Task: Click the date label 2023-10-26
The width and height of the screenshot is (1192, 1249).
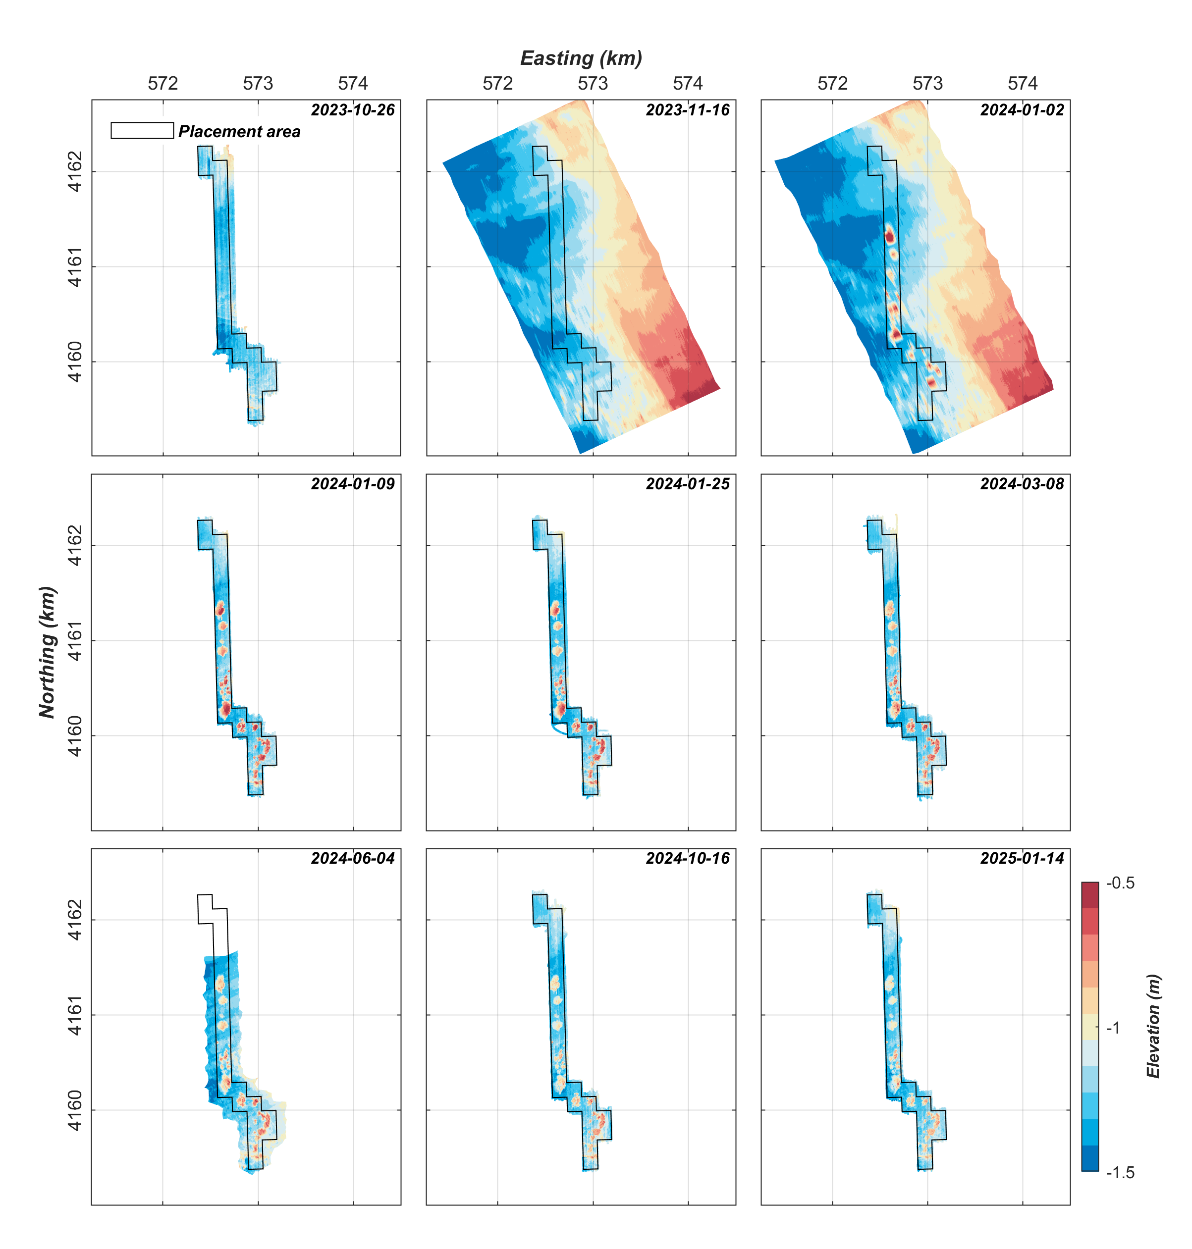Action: pyautogui.click(x=353, y=110)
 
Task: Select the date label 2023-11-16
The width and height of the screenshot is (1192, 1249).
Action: pyautogui.click(x=688, y=110)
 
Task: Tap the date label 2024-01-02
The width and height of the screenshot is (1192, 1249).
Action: pyautogui.click(x=1022, y=110)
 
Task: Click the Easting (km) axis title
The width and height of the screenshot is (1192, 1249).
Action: pyautogui.click(x=581, y=58)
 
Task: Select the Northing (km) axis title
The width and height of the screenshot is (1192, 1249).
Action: pyautogui.click(x=48, y=652)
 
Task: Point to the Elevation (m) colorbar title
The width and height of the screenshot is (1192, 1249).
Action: pyautogui.click(x=1153, y=1026)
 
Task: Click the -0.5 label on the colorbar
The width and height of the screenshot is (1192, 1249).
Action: pyautogui.click(x=1120, y=883)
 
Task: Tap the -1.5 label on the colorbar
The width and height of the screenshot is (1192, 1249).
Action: pyautogui.click(x=1120, y=1172)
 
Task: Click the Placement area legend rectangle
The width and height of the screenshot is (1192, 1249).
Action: pyautogui.click(x=142, y=130)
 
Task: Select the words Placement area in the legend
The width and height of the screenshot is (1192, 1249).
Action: pyautogui.click(x=240, y=132)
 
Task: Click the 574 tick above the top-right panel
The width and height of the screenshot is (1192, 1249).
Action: pyautogui.click(x=1023, y=83)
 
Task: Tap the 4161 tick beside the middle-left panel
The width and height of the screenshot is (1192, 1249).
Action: pyautogui.click(x=75, y=641)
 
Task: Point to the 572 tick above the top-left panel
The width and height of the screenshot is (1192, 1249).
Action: pyautogui.click(x=163, y=83)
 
